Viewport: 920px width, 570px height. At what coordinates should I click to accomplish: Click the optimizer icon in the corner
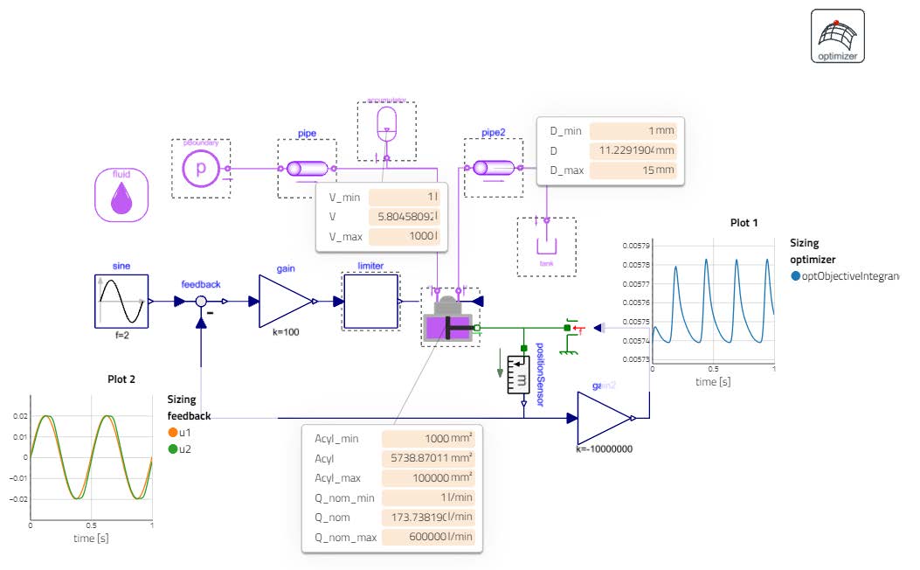pyautogui.click(x=837, y=36)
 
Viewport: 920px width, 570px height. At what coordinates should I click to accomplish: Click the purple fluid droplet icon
pyautogui.click(x=121, y=195)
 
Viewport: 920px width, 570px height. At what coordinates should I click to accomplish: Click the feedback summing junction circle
pyautogui.click(x=201, y=302)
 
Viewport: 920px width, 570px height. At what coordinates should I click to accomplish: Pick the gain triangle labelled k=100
pyautogui.click(x=285, y=302)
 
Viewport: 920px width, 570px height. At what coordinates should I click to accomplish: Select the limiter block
pyautogui.click(x=370, y=302)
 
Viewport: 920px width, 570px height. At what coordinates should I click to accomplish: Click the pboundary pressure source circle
pyautogui.click(x=200, y=169)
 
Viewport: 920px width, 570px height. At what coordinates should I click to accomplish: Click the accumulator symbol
pyautogui.click(x=386, y=124)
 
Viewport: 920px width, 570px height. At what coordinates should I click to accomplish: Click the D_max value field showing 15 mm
pyautogui.click(x=633, y=170)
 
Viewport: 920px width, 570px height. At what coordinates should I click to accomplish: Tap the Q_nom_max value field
pyautogui.click(x=428, y=537)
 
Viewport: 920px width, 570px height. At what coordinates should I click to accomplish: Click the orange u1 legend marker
pyautogui.click(x=173, y=433)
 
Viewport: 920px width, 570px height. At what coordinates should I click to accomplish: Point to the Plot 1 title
pyautogui.click(x=744, y=223)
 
